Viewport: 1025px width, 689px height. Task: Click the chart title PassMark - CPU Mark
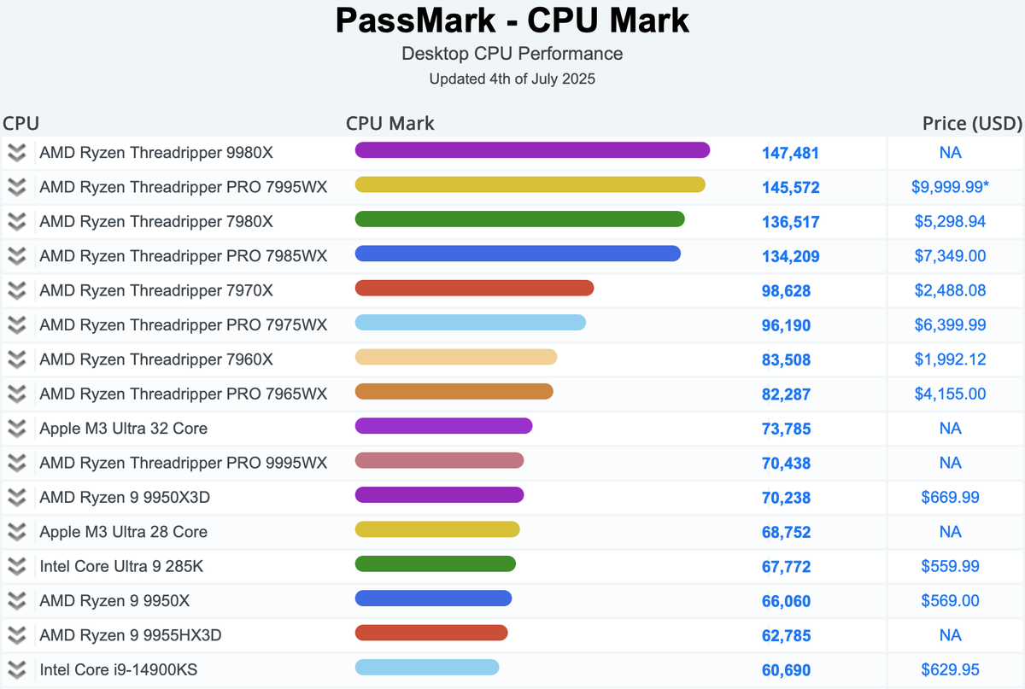512,20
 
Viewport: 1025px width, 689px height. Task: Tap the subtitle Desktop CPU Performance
512,54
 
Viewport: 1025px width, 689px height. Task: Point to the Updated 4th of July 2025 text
512,79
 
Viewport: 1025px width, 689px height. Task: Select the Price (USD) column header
972,124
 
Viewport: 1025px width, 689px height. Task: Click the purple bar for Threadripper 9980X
532,150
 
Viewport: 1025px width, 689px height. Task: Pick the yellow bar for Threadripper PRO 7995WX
530,184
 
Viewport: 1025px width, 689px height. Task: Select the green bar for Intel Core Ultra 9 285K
435,563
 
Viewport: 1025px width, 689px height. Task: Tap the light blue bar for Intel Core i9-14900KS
426,667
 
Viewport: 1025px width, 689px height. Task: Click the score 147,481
790,154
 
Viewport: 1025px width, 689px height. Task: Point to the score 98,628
786,291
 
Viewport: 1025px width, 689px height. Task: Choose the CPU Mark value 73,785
786,429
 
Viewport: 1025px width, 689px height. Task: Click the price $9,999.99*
951,187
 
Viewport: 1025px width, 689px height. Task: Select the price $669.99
950,498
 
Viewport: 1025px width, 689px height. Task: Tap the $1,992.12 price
950,359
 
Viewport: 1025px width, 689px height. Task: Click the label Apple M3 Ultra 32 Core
123,429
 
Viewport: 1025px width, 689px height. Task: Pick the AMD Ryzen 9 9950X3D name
126,498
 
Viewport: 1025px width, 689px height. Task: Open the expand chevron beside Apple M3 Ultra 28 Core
16,532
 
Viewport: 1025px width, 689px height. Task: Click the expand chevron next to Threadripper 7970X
16,290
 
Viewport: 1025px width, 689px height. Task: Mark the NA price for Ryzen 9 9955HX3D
950,635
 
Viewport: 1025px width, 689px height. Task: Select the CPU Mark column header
389,124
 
